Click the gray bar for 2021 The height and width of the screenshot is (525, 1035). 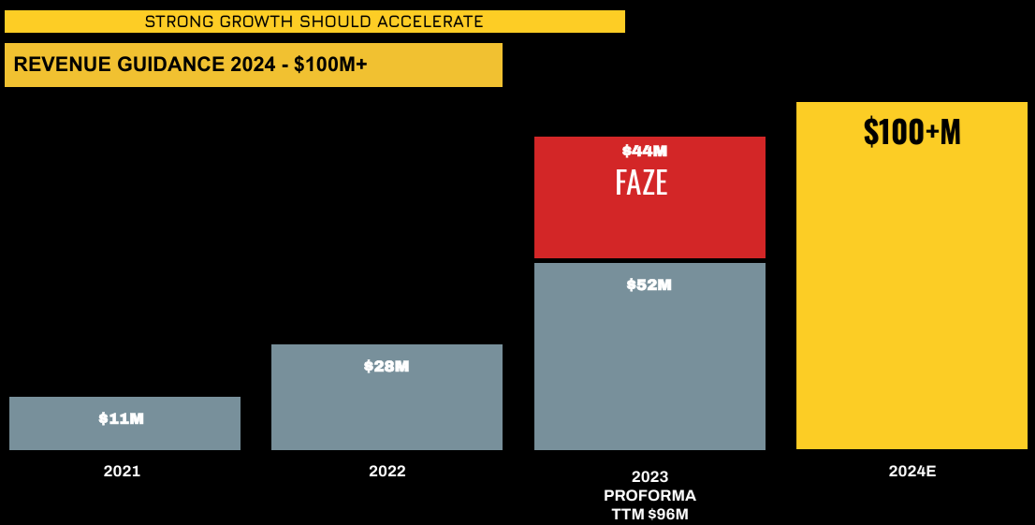coord(124,436)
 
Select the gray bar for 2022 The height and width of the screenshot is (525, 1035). coord(386,412)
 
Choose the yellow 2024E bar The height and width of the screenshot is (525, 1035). coord(911,299)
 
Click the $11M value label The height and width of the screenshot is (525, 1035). coord(122,418)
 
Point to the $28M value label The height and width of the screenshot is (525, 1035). coord(386,366)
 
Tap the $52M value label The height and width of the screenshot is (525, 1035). coord(649,284)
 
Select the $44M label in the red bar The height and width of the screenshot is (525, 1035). coord(645,151)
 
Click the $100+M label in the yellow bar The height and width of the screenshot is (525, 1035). coord(911,132)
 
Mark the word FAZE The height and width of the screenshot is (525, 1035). coord(641,182)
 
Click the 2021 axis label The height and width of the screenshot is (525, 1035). coord(122,471)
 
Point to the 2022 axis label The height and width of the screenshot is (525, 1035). coord(387,471)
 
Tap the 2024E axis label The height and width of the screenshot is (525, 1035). coord(912,471)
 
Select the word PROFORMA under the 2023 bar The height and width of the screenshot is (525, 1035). coord(649,495)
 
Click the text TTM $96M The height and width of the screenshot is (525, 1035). coord(649,513)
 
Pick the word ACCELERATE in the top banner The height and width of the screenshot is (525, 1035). coord(437,22)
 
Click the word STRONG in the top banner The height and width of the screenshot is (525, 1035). coord(172,22)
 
